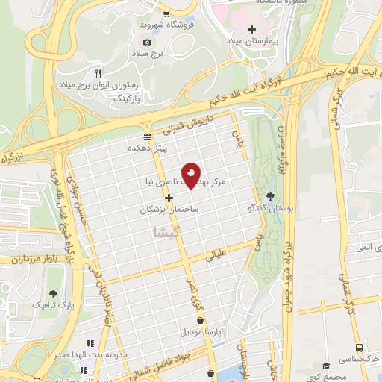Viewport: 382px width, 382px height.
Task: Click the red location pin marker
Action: [x=192, y=175]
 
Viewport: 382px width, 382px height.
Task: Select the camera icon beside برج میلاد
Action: [x=147, y=42]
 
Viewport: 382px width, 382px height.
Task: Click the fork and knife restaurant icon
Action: [x=98, y=73]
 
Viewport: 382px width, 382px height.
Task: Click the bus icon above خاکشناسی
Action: [x=360, y=348]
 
